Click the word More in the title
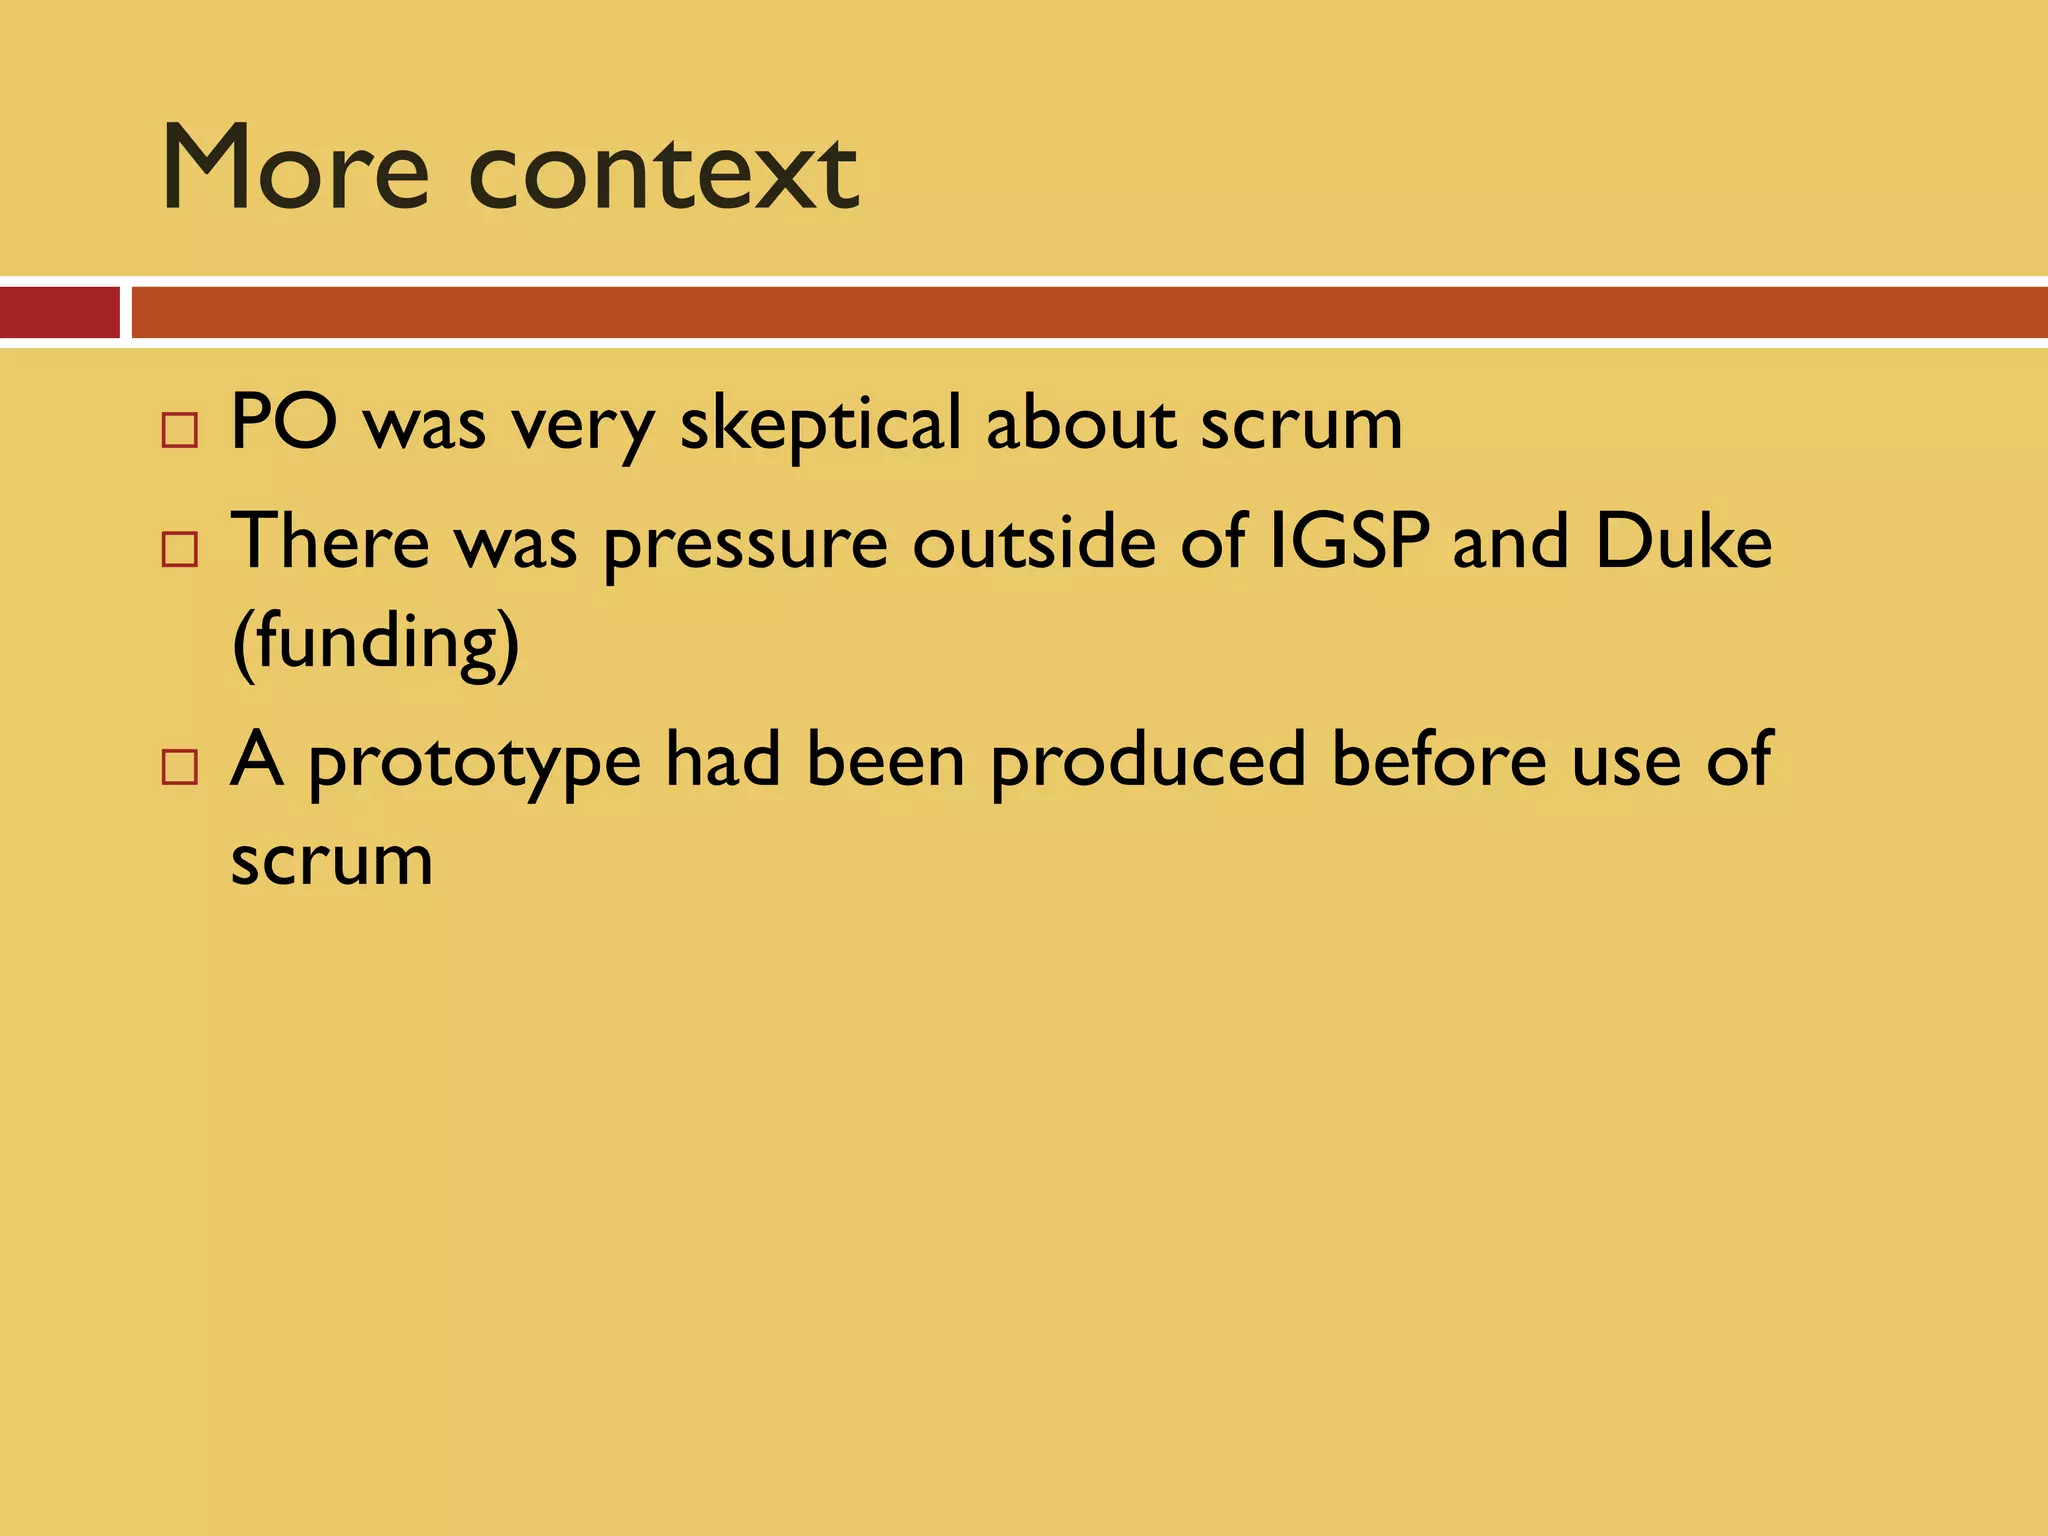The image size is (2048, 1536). (296, 168)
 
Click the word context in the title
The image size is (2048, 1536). (663, 172)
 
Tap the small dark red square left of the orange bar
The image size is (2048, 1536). (59, 312)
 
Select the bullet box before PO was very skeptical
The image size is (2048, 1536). (180, 430)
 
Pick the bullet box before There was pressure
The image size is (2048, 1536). (180, 549)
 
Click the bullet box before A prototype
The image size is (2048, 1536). (180, 767)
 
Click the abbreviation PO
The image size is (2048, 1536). (284, 423)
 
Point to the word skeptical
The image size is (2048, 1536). (820, 425)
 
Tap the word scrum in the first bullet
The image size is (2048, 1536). (1301, 425)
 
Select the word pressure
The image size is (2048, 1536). (746, 546)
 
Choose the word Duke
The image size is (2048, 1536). (1683, 542)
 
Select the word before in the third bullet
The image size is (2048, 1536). (1438, 760)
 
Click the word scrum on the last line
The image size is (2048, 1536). (332, 860)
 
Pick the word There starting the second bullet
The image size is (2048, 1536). (330, 542)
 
